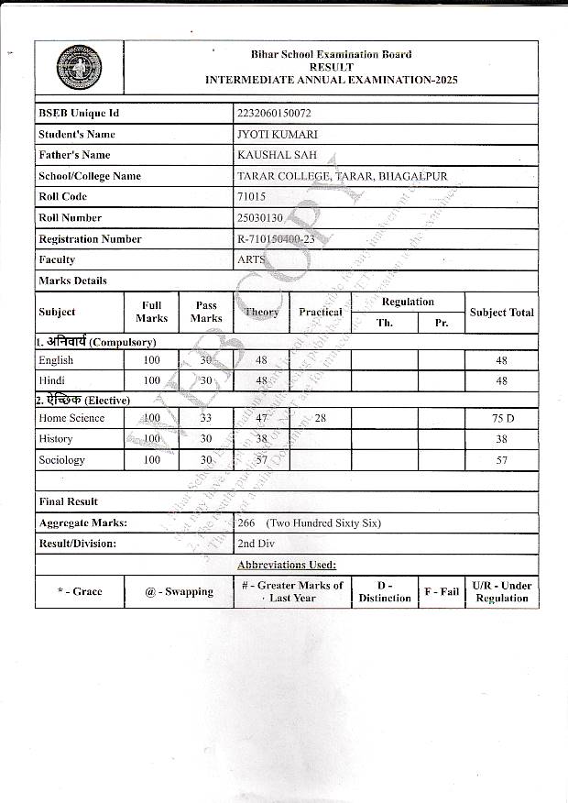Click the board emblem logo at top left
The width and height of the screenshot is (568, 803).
point(80,68)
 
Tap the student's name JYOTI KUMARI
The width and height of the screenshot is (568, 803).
point(278,135)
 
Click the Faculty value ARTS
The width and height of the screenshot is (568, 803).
point(251,260)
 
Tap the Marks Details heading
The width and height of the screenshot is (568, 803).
point(72,281)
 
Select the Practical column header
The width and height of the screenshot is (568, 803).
point(320,313)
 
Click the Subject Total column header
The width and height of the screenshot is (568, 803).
point(501,313)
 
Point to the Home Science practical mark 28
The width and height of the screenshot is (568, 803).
point(320,418)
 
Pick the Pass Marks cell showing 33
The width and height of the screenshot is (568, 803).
point(206,418)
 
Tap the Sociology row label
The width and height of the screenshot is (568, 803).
point(61,460)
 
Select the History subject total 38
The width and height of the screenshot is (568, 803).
point(501,439)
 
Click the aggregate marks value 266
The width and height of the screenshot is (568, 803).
point(246,523)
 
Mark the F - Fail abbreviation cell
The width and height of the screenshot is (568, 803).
point(442,592)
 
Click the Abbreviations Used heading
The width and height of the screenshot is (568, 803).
point(286,565)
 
